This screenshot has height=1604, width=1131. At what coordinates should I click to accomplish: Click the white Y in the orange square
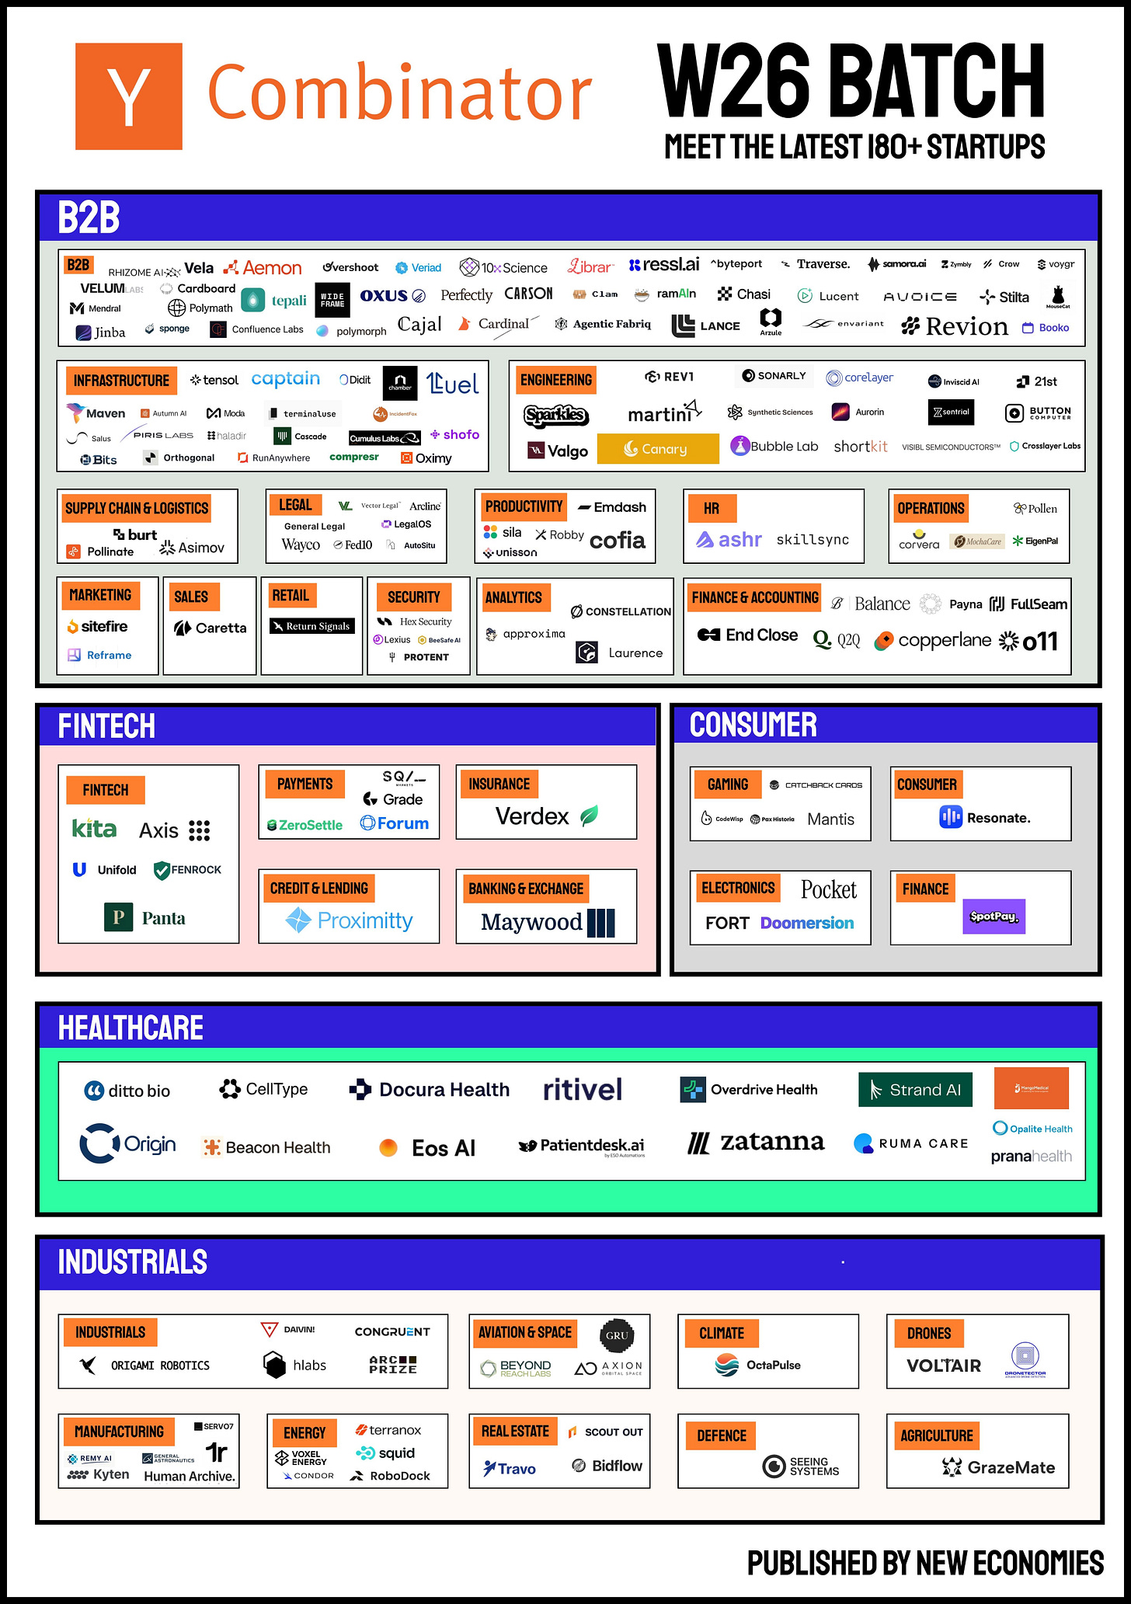(129, 97)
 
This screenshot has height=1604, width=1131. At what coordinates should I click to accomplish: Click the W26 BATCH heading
(851, 81)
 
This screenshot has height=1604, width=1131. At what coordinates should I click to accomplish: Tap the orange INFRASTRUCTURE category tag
(121, 381)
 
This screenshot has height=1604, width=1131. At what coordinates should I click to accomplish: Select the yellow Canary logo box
(657, 449)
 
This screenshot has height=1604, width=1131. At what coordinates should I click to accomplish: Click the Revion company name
(966, 327)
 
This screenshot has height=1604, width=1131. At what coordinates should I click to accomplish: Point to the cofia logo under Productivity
(618, 540)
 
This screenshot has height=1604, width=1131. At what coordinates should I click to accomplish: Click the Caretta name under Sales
(221, 628)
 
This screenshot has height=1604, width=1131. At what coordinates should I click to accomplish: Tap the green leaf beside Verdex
(590, 816)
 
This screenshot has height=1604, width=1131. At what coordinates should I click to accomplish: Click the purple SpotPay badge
(994, 917)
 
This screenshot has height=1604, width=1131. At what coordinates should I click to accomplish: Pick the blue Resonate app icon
(951, 817)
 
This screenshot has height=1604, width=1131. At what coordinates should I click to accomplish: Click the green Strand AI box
(915, 1090)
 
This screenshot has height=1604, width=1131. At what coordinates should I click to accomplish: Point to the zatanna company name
(772, 1142)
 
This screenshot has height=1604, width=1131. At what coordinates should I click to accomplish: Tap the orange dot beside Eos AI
(388, 1148)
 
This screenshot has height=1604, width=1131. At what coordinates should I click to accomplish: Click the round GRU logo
(617, 1335)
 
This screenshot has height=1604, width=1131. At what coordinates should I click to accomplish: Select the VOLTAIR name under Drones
(944, 1366)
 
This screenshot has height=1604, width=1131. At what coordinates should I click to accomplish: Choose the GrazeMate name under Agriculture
(1011, 1467)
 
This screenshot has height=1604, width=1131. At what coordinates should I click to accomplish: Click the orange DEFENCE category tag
(722, 1435)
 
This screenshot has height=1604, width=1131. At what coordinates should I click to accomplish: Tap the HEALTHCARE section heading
(130, 1028)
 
